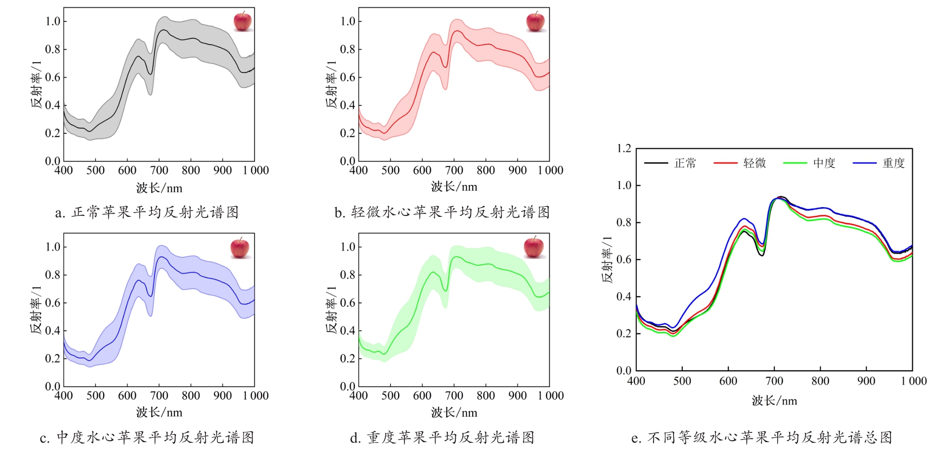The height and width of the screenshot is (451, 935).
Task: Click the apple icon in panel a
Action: [x=242, y=22]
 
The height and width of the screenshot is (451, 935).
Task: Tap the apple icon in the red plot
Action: [x=535, y=22]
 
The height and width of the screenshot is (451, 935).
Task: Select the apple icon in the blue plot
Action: [x=240, y=248]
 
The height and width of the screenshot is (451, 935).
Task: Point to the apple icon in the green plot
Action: [x=534, y=247]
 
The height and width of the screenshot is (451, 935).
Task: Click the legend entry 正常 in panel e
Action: [x=685, y=163]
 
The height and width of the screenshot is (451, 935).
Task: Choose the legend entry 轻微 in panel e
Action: [x=754, y=163]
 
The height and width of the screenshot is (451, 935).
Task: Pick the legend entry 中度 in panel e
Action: [x=824, y=163]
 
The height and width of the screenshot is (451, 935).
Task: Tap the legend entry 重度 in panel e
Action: [x=894, y=163]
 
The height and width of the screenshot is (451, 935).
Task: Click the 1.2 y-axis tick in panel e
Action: [x=624, y=149]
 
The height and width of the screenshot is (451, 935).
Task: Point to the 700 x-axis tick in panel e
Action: [x=774, y=381]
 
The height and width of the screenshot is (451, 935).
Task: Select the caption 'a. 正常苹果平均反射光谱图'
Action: [x=147, y=213]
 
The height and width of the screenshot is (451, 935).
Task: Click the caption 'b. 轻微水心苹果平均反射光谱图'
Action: [x=442, y=213]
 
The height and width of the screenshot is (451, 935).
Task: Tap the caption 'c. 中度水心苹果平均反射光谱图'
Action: [x=147, y=438]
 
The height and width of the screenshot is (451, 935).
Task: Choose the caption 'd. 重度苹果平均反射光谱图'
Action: [x=442, y=438]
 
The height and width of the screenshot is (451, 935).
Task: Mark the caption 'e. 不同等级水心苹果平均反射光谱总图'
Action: [x=762, y=438]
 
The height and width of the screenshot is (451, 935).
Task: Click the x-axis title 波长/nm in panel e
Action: [x=774, y=401]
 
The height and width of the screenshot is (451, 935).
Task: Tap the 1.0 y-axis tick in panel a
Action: [x=53, y=21]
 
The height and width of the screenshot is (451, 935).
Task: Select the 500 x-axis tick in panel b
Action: [x=390, y=170]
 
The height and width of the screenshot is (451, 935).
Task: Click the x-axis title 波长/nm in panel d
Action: [x=454, y=412]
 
